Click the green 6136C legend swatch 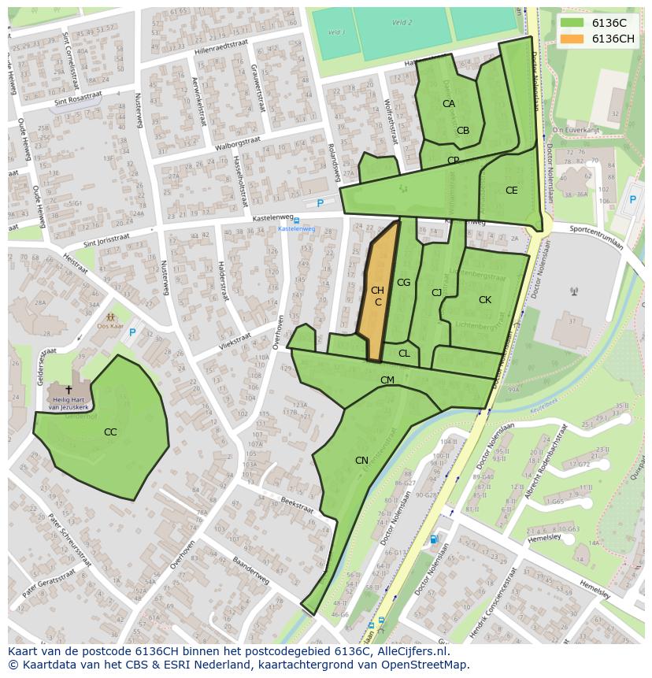coord(572,23)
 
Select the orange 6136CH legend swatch coord(572,39)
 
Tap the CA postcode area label coord(448,104)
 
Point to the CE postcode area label coord(512,191)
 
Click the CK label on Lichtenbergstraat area coord(485,300)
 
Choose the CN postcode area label coord(361,461)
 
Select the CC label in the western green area coord(110,432)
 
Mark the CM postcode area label coord(387,380)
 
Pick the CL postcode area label coord(404,354)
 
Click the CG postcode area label coord(403,283)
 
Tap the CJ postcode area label coord(436,293)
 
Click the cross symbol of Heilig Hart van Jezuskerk coord(69,389)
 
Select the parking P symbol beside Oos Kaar coord(132,332)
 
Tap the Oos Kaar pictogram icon coord(110,317)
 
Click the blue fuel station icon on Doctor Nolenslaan coord(434,539)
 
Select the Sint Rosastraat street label coord(78,98)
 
